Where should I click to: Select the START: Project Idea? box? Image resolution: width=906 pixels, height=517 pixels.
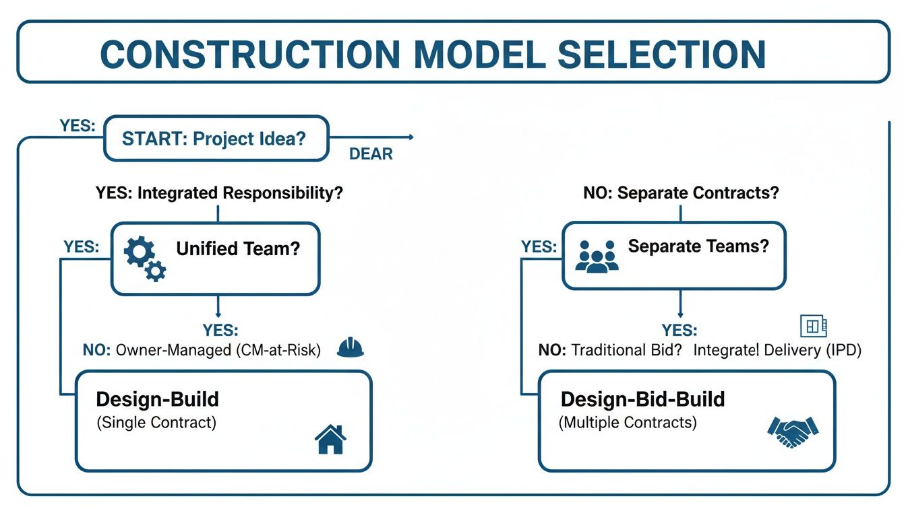[216, 139]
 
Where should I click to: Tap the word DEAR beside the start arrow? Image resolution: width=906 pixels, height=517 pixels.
[371, 154]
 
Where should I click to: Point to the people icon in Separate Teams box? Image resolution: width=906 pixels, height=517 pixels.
[597, 256]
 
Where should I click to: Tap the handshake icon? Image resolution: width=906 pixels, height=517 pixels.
[793, 432]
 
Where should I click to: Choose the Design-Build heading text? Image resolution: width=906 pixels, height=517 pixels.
[158, 399]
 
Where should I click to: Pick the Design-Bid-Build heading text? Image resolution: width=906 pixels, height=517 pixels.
[642, 399]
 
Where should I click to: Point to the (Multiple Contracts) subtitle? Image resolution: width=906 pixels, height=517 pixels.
[628, 423]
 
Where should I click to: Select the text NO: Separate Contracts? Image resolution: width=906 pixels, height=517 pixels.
[681, 193]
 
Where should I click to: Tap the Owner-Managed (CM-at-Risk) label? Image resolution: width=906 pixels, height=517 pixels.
[201, 350]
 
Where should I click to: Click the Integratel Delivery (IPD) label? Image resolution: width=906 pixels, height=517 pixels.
[777, 350]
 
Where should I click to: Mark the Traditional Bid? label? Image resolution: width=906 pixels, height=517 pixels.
[609, 350]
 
